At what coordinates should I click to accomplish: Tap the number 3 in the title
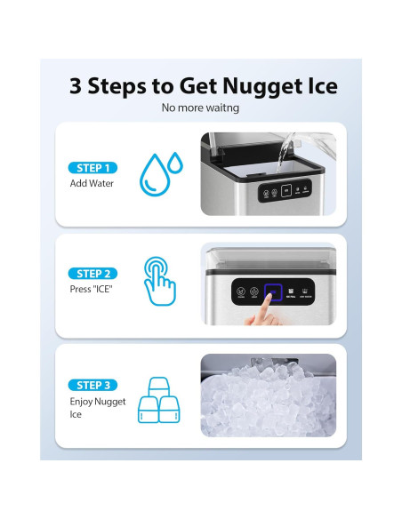(76, 86)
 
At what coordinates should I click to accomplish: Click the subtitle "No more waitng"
(201, 108)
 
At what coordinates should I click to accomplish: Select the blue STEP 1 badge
(93, 168)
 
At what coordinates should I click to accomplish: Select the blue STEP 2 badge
(93, 274)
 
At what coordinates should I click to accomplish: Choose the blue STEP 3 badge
(93, 385)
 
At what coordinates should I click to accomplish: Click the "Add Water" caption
(91, 184)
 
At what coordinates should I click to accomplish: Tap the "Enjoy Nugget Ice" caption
(98, 408)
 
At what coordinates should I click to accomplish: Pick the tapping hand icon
(162, 283)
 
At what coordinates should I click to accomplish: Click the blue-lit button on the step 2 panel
(273, 291)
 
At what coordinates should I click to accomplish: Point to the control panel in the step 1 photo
(283, 193)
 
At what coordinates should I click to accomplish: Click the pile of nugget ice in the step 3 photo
(267, 411)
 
